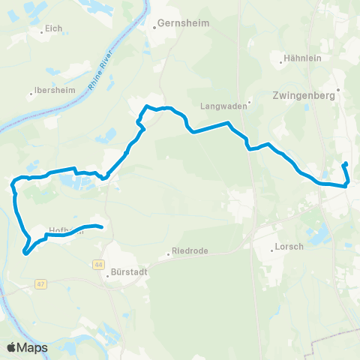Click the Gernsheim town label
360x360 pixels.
[x=179, y=24]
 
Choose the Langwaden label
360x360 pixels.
[x=223, y=106]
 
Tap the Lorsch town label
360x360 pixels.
[x=289, y=245]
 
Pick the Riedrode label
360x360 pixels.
[x=190, y=250]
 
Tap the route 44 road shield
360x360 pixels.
[x=98, y=264]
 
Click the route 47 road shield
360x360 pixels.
[x=40, y=284]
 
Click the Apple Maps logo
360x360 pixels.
[x=27, y=347]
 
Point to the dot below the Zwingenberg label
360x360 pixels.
[x=338, y=90]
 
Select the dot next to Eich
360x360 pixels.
[x=42, y=32]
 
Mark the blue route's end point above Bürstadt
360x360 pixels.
[x=100, y=226]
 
